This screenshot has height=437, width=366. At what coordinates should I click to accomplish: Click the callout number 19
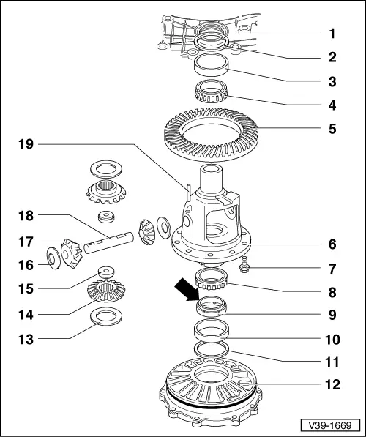(x=26, y=146)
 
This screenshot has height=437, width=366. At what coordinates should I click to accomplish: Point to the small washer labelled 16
(x=53, y=256)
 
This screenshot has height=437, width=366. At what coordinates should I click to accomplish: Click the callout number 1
(x=332, y=33)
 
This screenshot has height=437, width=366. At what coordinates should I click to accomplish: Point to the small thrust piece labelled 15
(x=105, y=270)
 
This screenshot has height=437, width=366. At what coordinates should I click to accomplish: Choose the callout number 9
(x=332, y=316)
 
